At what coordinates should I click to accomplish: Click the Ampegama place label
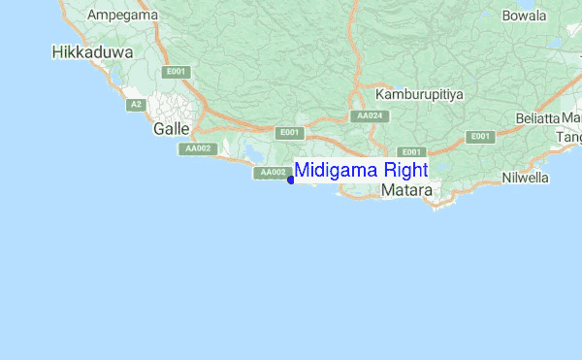point(121,16)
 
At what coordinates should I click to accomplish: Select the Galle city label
point(172,128)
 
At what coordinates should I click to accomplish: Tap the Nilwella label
point(532,178)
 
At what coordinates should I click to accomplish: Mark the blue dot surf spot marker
point(291,180)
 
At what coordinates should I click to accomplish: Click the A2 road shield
point(137,104)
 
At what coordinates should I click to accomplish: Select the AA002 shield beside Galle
point(196,148)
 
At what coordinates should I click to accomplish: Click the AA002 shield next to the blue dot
point(272,173)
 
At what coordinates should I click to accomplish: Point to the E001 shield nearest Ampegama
point(176,72)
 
